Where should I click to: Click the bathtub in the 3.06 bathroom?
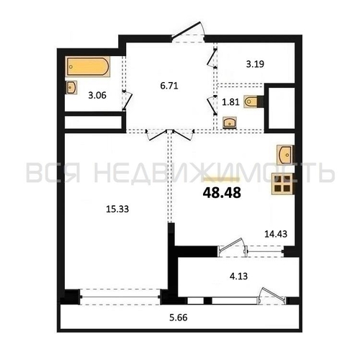pyautogui.click(x=88, y=66)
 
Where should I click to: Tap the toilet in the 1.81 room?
pyautogui.click(x=253, y=102)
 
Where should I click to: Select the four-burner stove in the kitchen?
pyautogui.click(x=283, y=184)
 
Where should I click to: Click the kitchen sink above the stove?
pyautogui.click(x=286, y=155)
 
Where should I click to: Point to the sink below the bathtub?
pyautogui.click(x=71, y=87)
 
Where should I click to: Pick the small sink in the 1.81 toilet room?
pyautogui.click(x=230, y=122)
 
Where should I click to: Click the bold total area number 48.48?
pyautogui.click(x=222, y=193)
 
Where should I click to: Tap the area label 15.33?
pyautogui.click(x=117, y=210)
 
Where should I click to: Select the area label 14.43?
pyautogui.click(x=276, y=234)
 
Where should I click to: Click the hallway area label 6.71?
pyautogui.click(x=169, y=86)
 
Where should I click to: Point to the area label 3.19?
pyautogui.click(x=255, y=64)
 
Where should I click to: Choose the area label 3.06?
pyautogui.click(x=97, y=96)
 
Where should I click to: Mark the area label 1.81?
pyautogui.click(x=230, y=102)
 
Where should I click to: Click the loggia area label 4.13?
pyautogui.click(x=238, y=276)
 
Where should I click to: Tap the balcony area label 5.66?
pyautogui.click(x=179, y=318)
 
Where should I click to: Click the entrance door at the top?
pyautogui.click(x=188, y=31)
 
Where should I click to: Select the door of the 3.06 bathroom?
pyautogui.click(x=127, y=100)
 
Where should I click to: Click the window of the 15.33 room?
pyautogui.click(x=120, y=297)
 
